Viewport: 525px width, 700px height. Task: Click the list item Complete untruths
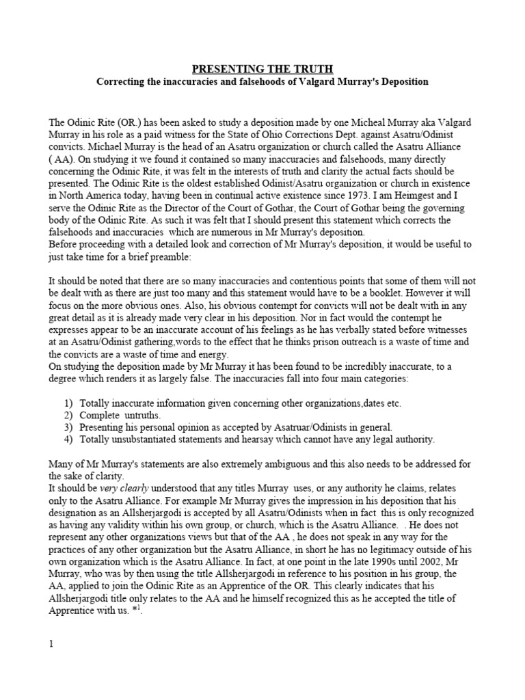tap(120, 416)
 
